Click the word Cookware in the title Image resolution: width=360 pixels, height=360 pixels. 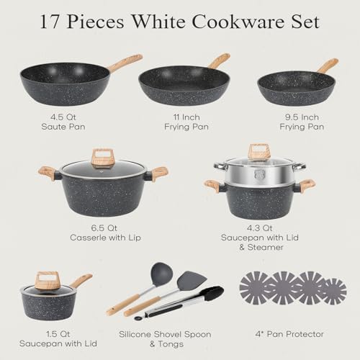tap(238, 22)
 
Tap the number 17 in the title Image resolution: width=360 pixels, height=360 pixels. tap(50, 22)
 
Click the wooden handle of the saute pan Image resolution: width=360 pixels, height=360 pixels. tap(125, 63)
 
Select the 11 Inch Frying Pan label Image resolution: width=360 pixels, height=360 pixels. tap(186, 122)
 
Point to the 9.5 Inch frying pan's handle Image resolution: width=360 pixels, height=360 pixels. tap(328, 66)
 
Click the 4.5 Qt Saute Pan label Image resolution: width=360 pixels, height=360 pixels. tap(63, 122)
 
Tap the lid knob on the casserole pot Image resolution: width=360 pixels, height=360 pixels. tap(102, 158)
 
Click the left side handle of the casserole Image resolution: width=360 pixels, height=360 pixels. tap(48, 173)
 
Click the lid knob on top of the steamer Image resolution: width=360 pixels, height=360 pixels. tap(259, 152)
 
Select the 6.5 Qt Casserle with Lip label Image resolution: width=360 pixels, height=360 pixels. tap(105, 233)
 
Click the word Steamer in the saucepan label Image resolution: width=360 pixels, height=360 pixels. tap(266, 247)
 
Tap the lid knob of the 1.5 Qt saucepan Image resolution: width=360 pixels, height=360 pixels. tap(47, 280)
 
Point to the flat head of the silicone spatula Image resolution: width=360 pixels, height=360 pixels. tap(192, 280)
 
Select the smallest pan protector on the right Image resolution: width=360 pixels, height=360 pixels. tap(333, 291)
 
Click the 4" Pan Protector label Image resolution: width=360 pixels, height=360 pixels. tap(289, 334)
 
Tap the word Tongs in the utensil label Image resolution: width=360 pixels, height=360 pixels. tap(171, 344)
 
